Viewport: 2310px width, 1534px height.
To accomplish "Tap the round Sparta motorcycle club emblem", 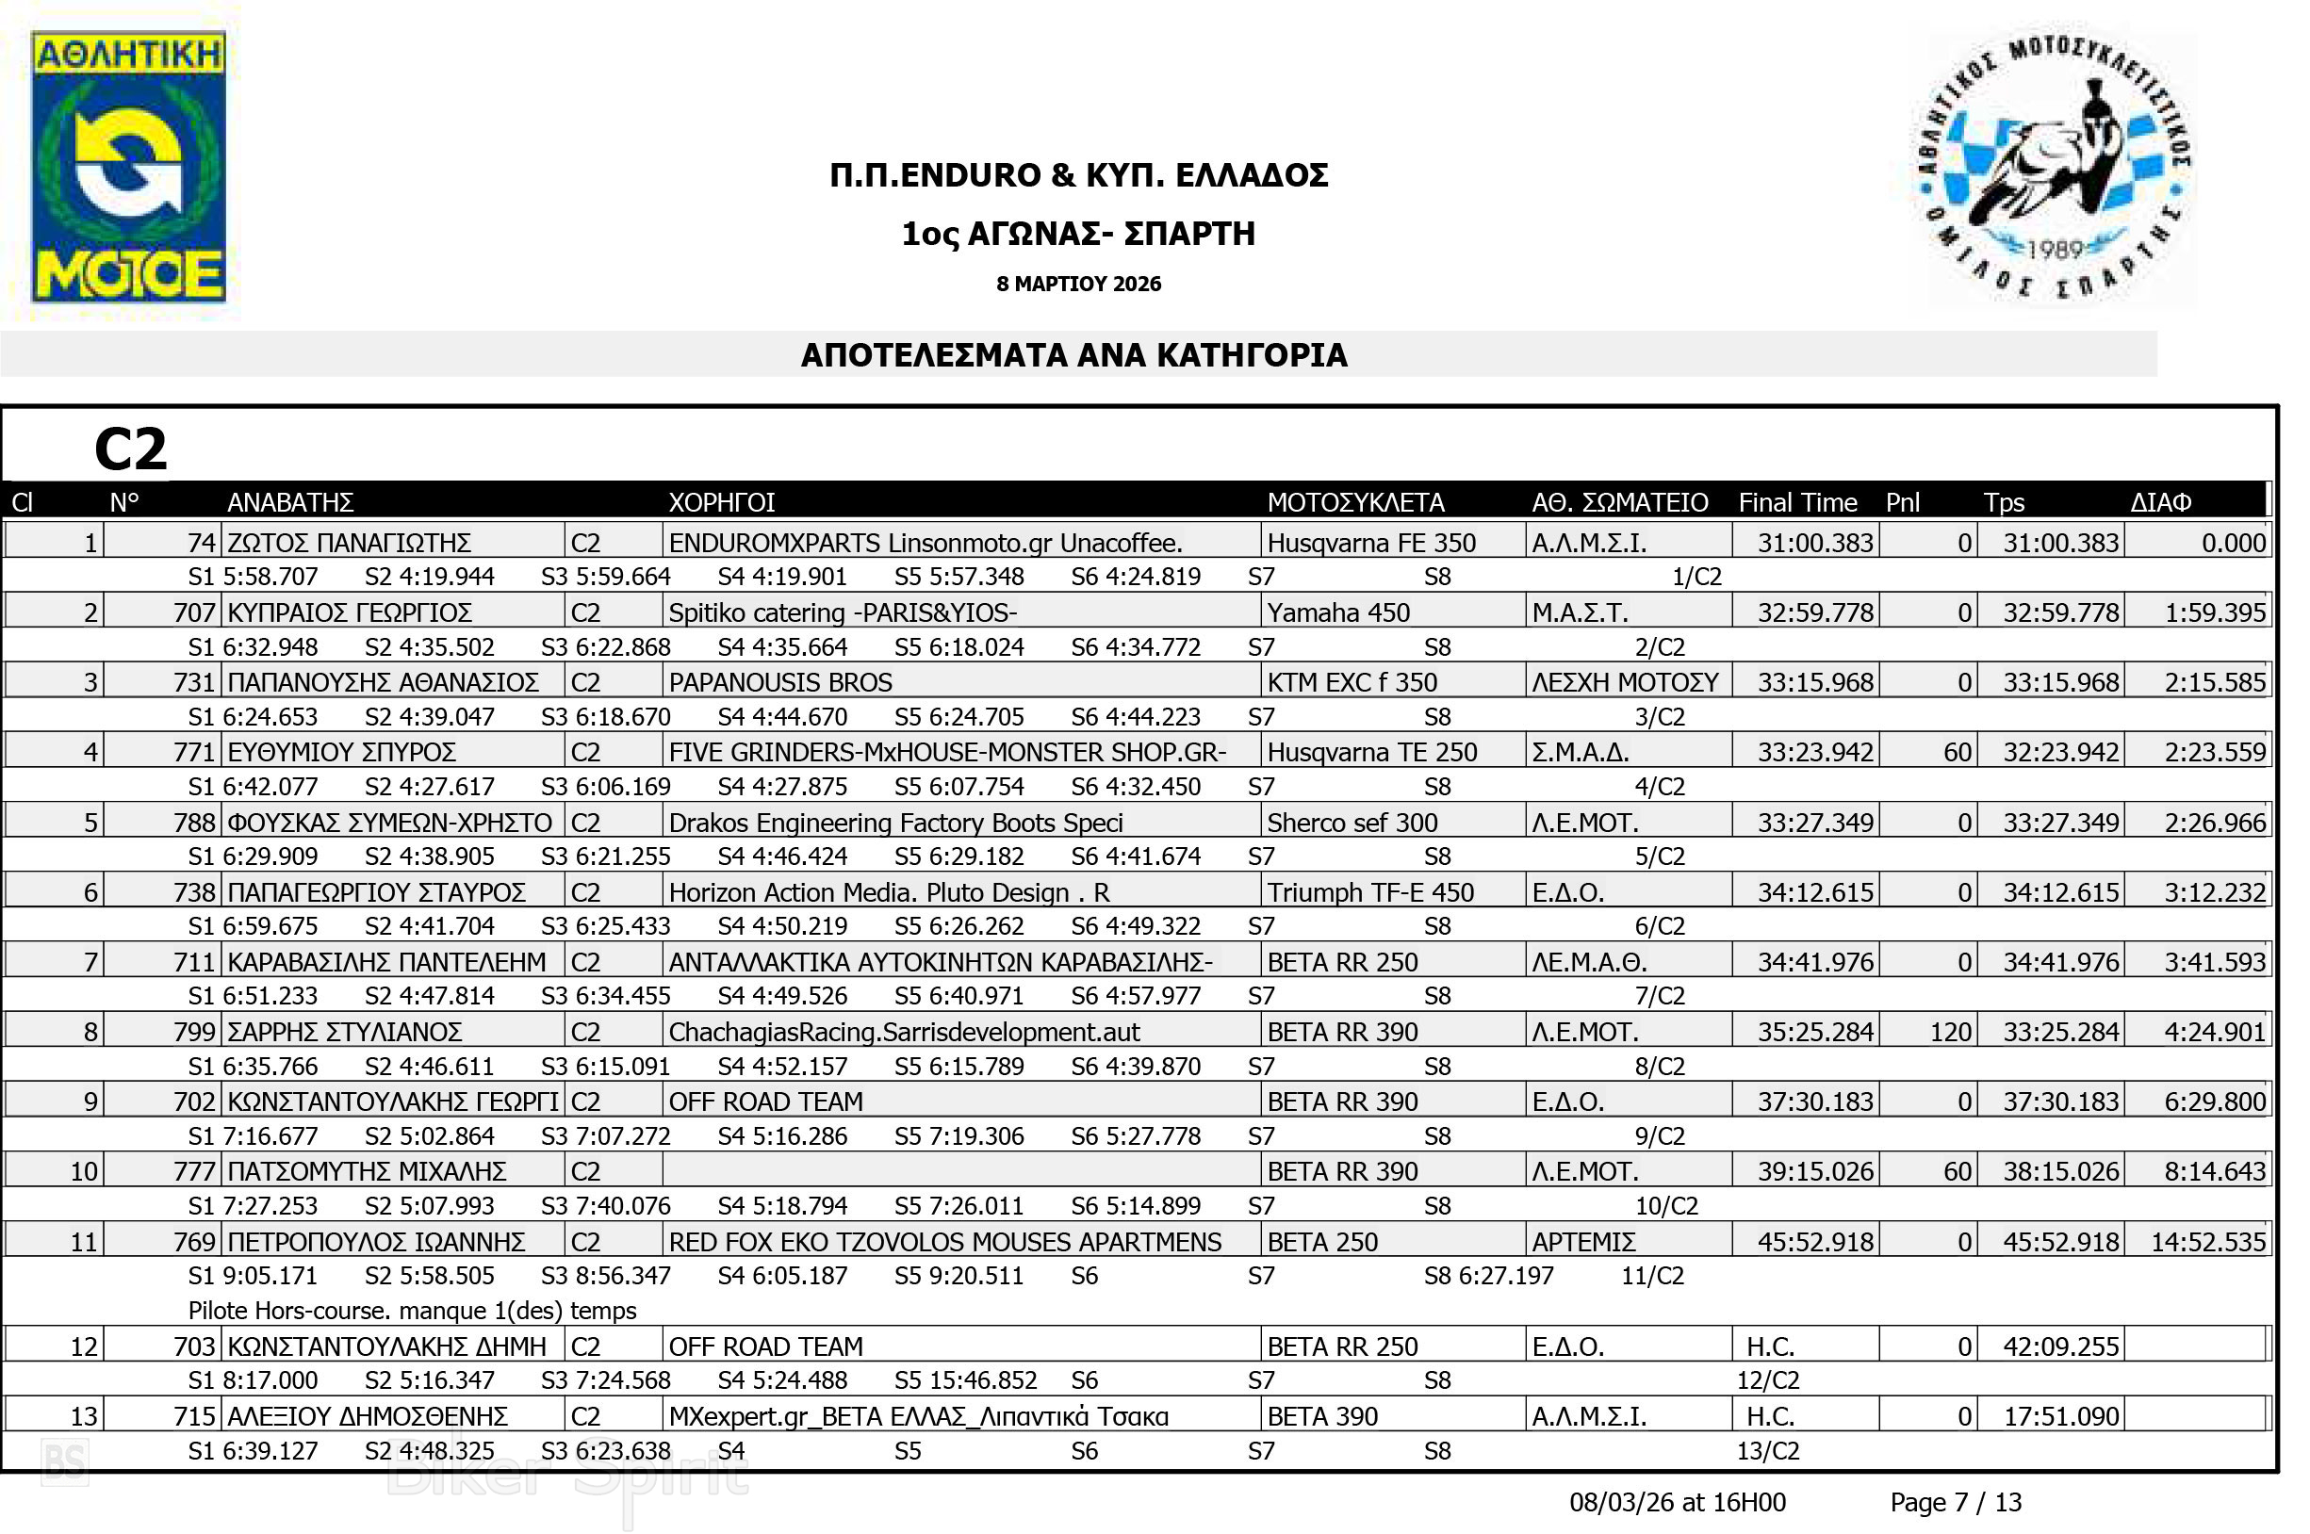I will [x=2054, y=168].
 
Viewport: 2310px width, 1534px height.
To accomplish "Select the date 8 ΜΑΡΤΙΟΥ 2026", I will [x=1078, y=284].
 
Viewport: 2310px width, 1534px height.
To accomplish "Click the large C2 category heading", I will [x=130, y=449].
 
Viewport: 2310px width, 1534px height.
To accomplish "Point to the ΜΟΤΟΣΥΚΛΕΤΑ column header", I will [x=1355, y=502].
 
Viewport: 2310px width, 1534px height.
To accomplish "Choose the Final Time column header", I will [x=1797, y=502].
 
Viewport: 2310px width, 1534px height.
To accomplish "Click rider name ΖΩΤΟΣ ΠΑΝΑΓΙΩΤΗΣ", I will [x=349, y=542].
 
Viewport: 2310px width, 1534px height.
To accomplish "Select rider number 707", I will [x=194, y=612].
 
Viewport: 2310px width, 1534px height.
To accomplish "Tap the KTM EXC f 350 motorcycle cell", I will [x=1352, y=682].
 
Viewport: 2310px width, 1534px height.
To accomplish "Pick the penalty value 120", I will [x=1950, y=1031].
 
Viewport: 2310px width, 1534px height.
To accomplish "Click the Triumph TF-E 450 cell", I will [x=1369, y=892].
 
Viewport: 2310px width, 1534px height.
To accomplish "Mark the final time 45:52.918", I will [x=1815, y=1242].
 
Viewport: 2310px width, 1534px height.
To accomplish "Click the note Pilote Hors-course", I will [x=412, y=1310].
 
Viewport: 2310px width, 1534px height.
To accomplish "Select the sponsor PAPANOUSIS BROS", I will [x=779, y=682].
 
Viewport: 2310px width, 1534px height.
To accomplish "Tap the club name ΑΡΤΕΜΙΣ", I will [x=1583, y=1242].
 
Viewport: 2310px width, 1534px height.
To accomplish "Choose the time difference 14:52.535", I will [x=2207, y=1242].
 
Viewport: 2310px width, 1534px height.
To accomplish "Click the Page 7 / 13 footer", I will [x=1955, y=1502].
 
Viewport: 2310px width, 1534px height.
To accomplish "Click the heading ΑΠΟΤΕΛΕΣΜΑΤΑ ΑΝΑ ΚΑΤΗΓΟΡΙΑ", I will [x=1073, y=355].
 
